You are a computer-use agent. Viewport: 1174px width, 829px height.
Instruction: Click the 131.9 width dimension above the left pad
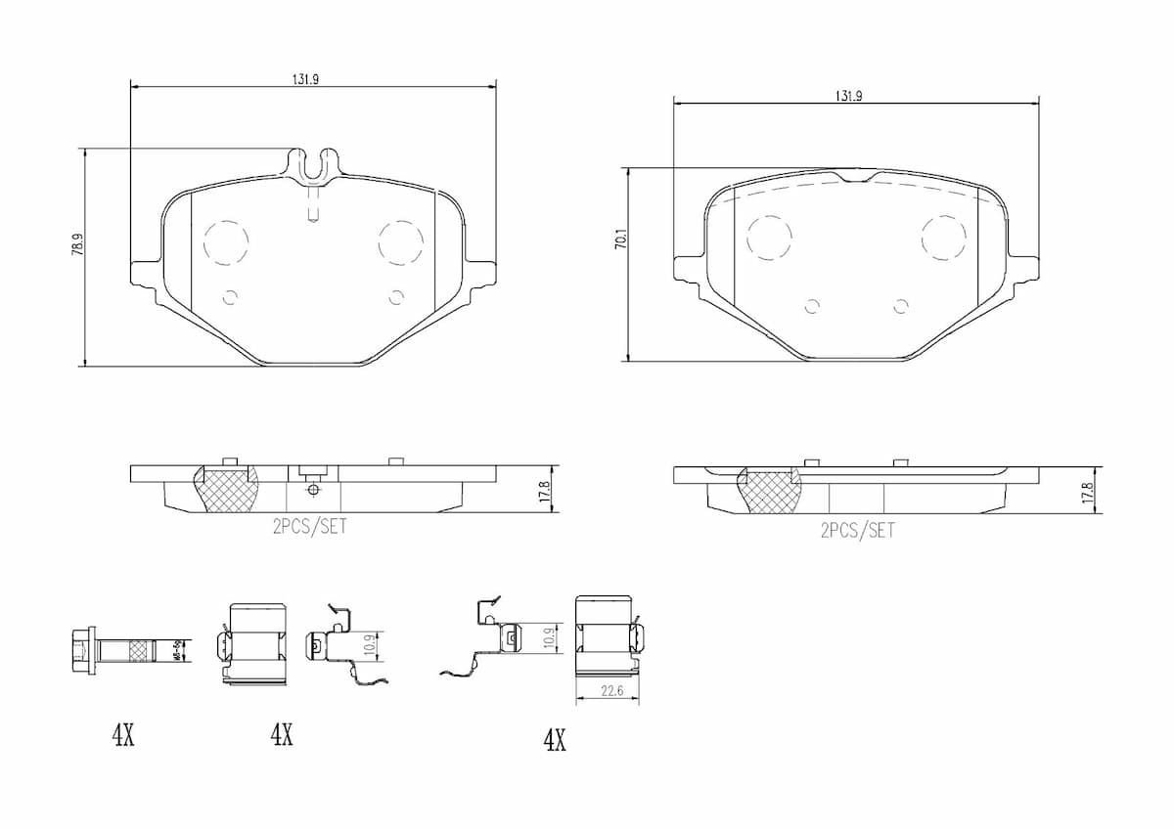[x=305, y=80]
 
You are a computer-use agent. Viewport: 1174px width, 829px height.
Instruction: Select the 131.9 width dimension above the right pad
[x=848, y=96]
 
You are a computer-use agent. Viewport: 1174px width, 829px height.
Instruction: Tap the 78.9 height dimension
[x=76, y=244]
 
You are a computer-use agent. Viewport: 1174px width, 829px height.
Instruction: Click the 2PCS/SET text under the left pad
[x=309, y=526]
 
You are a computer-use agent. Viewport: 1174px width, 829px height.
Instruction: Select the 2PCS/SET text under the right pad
[x=857, y=531]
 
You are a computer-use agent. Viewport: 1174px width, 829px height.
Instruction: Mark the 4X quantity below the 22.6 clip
[x=555, y=741]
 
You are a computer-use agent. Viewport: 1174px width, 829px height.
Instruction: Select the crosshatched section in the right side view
[x=769, y=492]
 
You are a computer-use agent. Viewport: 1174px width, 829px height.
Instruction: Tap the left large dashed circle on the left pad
[x=226, y=242]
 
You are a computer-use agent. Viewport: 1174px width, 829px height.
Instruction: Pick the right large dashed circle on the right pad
[x=943, y=238]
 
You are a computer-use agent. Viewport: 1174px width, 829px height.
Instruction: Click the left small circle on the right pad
[x=811, y=307]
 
